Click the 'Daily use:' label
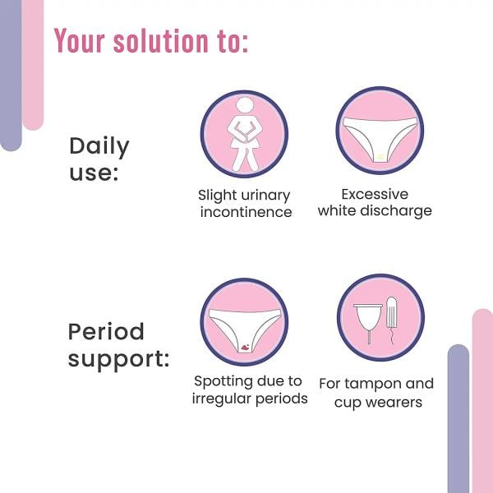click(99, 159)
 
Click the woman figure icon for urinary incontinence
click(244, 134)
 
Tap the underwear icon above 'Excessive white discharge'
click(380, 132)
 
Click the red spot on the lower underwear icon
click(245, 347)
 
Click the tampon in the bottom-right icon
click(391, 316)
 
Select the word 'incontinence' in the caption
click(245, 212)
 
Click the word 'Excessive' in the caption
click(375, 195)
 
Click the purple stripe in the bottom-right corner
click(458, 419)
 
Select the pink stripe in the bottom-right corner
click(482, 403)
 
